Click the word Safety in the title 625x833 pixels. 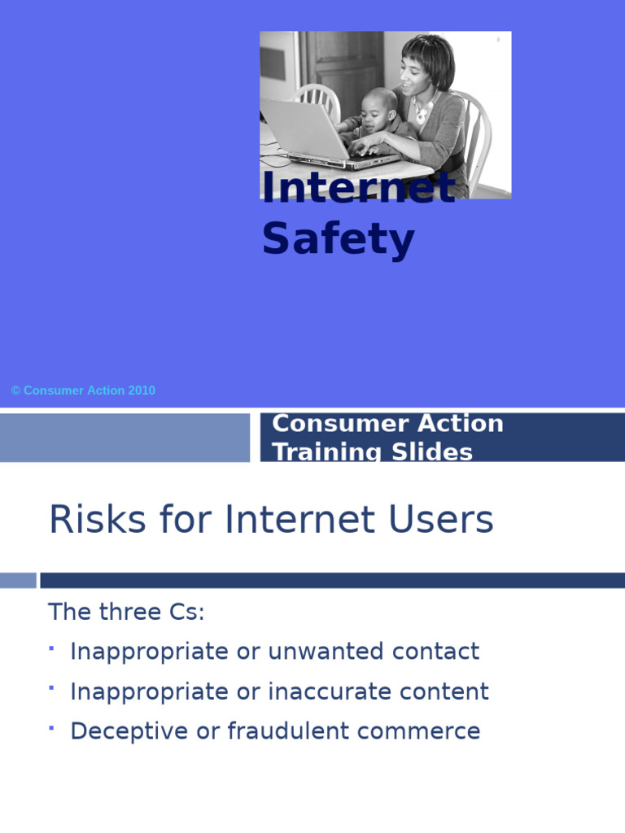338,239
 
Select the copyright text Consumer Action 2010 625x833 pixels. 83,390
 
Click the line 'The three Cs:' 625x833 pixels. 126,612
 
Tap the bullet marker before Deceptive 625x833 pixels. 51,726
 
